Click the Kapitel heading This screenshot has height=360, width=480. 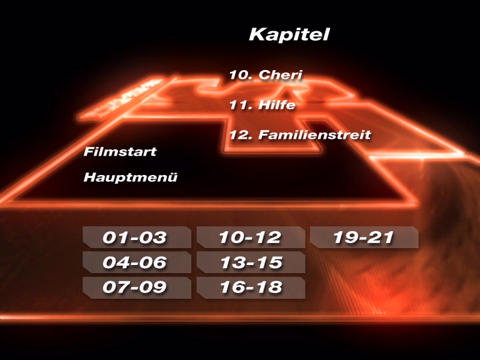(289, 34)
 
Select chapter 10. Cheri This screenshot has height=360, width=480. (266, 76)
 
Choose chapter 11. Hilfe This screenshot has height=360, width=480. (262, 105)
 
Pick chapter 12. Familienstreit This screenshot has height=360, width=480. (300, 134)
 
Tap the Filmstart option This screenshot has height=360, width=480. (120, 152)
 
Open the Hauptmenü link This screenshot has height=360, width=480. (131, 177)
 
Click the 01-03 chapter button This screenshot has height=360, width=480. (136, 237)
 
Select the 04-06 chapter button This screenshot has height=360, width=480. (136, 262)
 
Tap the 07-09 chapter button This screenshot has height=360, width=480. (136, 287)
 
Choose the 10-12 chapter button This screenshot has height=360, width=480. (250, 237)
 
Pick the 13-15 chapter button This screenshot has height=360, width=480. (250, 262)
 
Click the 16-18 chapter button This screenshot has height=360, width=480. (250, 287)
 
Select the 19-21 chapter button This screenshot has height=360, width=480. (364, 237)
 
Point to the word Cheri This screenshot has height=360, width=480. (281, 76)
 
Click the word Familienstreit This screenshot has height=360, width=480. (315, 134)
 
